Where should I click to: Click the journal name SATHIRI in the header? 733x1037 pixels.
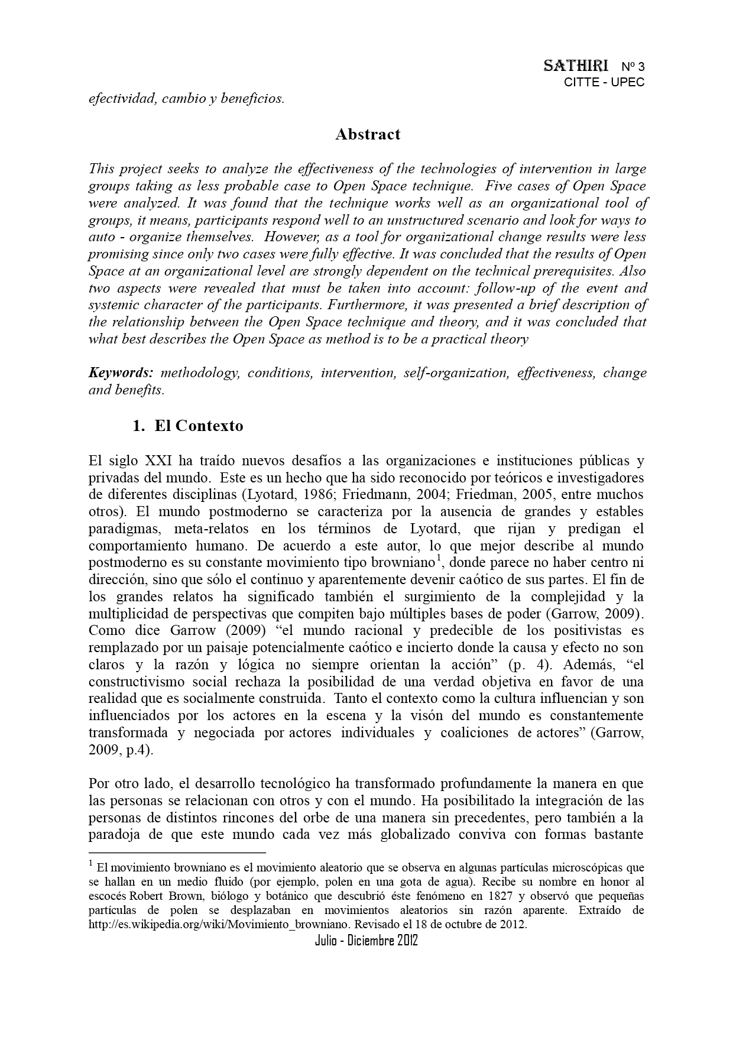576,66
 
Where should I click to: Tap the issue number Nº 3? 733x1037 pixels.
633,66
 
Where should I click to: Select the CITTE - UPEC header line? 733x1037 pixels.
604,82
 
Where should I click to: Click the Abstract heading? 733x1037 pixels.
368,134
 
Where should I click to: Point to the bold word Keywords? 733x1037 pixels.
121,373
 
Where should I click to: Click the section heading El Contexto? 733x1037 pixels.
199,426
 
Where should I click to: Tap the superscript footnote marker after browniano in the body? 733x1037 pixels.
439,559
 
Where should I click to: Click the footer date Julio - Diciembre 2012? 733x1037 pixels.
367,941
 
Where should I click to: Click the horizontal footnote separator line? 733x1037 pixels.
177,853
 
